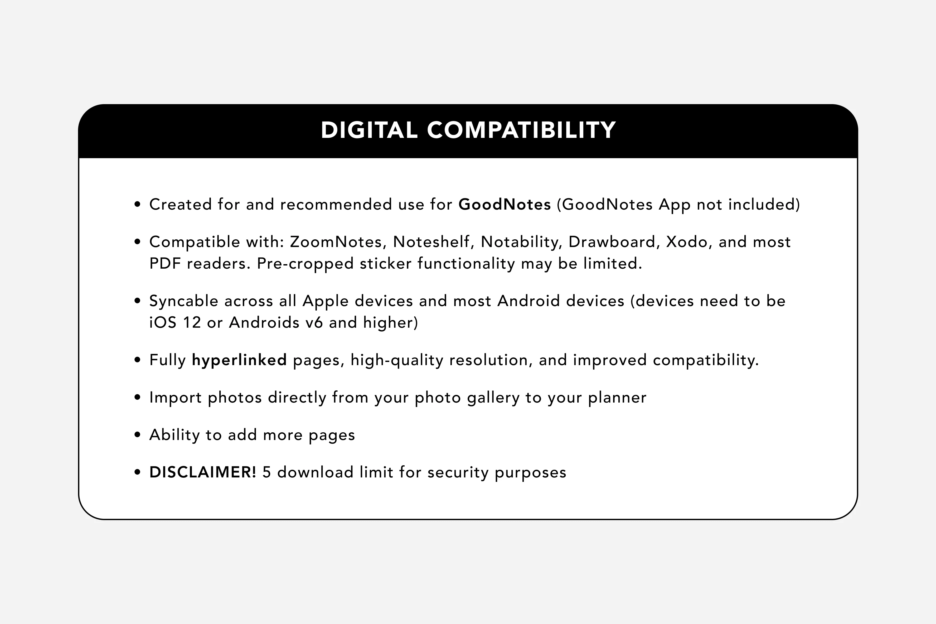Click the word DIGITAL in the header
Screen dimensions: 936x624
369,130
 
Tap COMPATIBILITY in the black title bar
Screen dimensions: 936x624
521,130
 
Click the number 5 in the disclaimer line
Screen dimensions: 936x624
266,472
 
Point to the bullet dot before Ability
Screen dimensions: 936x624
138,435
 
